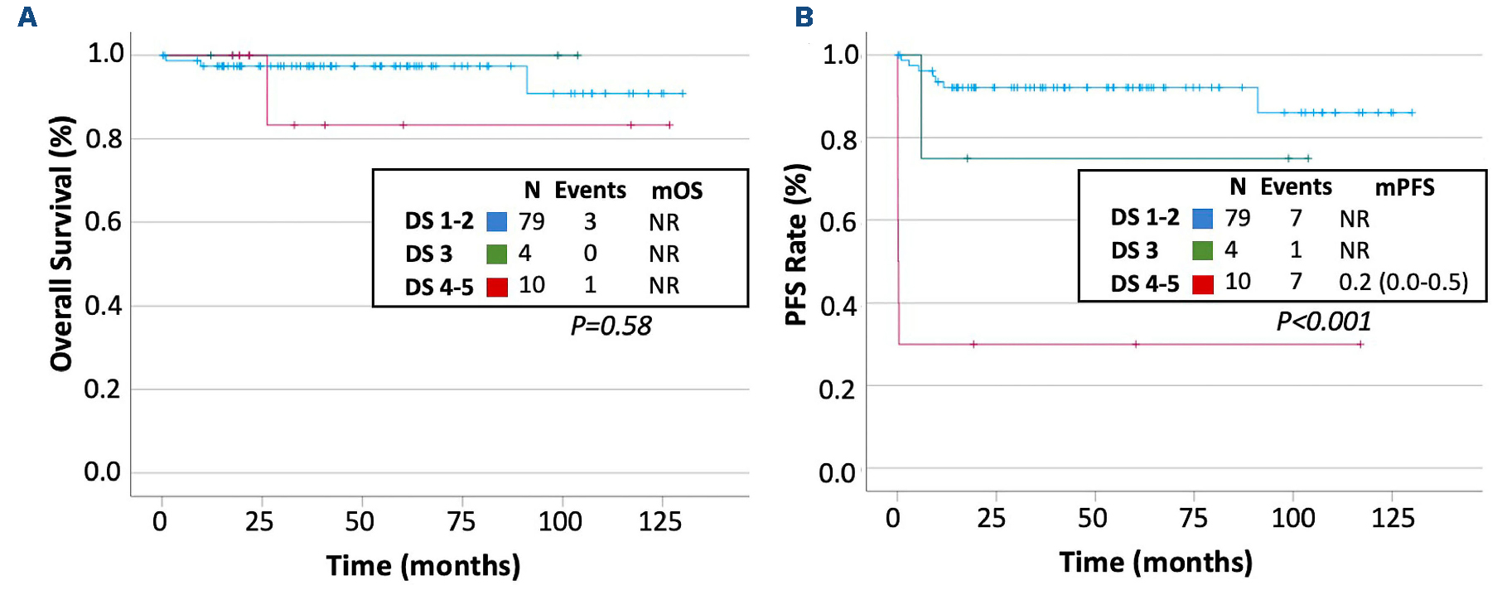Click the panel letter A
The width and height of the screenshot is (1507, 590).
tap(27, 17)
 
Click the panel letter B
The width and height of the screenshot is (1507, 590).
tap(804, 17)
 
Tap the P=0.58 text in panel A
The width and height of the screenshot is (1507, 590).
tap(611, 326)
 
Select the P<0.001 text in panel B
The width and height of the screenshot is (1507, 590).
tap(1323, 322)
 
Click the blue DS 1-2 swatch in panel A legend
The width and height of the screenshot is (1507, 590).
tap(496, 222)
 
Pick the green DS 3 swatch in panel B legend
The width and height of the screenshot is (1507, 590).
tap(1202, 250)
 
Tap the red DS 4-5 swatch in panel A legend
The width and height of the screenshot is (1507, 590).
tap(496, 287)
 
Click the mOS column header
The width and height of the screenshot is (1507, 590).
tap(676, 191)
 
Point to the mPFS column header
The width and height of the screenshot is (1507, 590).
tap(1404, 188)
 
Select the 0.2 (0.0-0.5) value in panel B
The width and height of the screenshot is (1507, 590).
tap(1403, 283)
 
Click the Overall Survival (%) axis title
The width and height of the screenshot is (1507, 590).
tap(62, 243)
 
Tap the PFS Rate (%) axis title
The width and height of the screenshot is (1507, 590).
tap(795, 244)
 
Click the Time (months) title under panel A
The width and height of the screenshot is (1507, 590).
tap(423, 566)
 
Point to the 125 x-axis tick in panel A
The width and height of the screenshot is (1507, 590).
tap(659, 522)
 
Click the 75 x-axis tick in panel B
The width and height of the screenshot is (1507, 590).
tap(1192, 519)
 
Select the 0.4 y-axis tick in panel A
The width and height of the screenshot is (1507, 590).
tap(103, 306)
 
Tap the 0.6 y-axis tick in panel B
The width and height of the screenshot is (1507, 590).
tap(838, 222)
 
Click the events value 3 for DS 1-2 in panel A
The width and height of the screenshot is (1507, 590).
tap(590, 222)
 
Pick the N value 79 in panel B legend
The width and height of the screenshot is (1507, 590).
tap(1237, 218)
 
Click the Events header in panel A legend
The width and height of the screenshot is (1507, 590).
tap(590, 191)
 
